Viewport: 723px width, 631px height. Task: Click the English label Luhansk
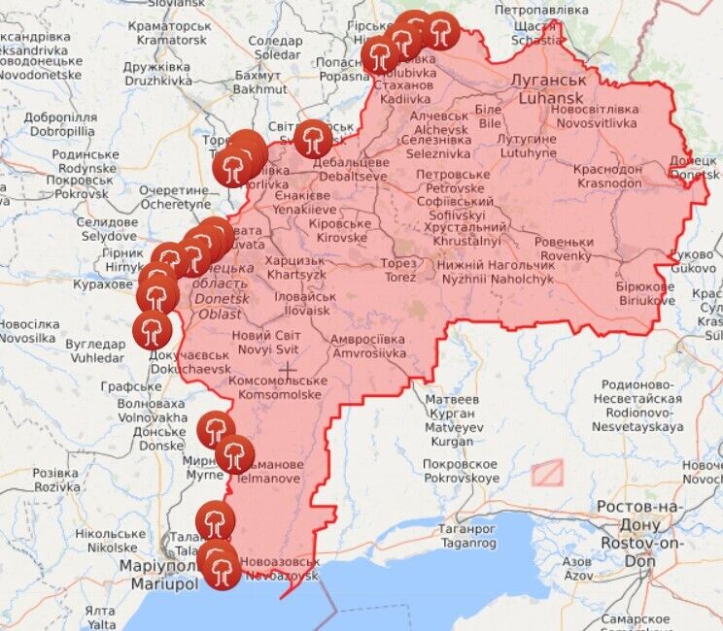552,98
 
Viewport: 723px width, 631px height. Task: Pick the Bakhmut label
258,89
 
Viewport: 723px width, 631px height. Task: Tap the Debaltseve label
349,176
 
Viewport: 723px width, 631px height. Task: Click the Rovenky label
566,255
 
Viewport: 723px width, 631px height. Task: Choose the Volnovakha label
150,417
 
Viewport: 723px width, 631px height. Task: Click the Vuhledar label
95,357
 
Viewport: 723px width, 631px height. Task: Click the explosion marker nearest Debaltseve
313,140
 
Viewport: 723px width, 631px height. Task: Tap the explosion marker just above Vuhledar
151,329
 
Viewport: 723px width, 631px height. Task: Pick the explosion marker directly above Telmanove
234,453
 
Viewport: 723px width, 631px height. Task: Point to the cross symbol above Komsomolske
288,369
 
